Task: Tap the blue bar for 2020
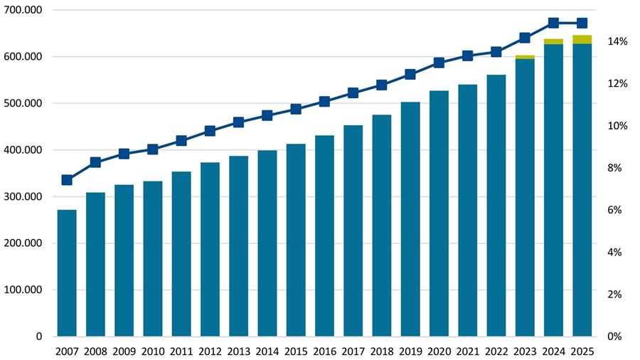pos(439,213)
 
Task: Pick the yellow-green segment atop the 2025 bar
pos(582,39)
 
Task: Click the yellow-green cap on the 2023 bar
pos(525,57)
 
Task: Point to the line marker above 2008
pos(95,162)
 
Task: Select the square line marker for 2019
pos(410,74)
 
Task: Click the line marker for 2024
pos(553,23)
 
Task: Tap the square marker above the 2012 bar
pos(210,131)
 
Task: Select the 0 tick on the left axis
pos(38,337)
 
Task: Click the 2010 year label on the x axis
pos(152,351)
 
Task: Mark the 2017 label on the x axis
pos(353,351)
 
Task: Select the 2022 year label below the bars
pos(496,351)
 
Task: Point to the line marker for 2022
pos(496,52)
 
